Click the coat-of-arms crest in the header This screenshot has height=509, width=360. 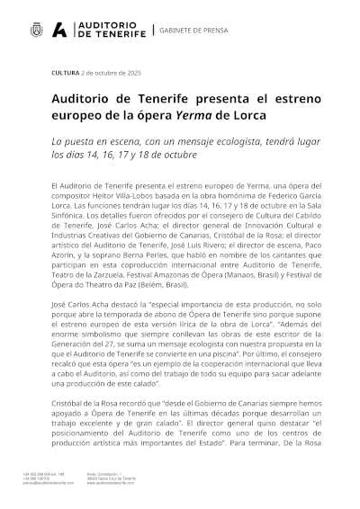(x=35, y=31)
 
